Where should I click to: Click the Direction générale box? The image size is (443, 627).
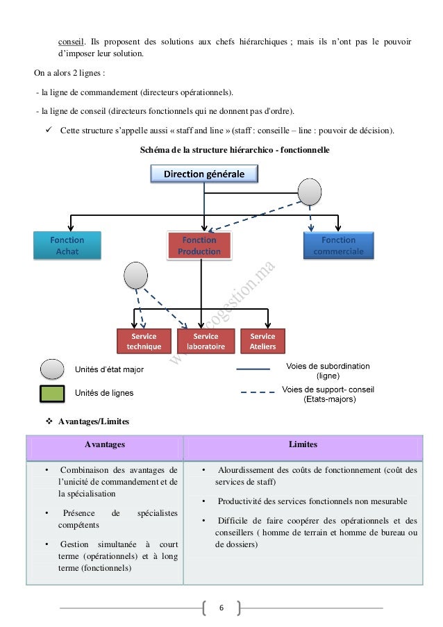(203, 174)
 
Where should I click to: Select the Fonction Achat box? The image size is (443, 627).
(67, 246)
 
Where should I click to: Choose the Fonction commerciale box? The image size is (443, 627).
(338, 246)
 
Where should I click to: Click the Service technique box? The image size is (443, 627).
(144, 342)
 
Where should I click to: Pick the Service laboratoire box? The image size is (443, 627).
(206, 342)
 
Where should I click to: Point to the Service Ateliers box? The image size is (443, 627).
(262, 342)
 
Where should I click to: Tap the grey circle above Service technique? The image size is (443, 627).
(135, 276)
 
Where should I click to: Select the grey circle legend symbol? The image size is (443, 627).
(51, 369)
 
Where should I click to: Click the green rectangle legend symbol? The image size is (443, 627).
(51, 394)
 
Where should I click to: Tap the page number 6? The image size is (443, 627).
(221, 608)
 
